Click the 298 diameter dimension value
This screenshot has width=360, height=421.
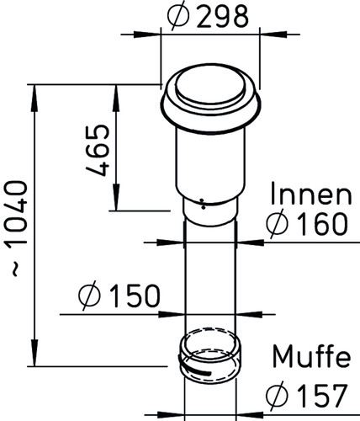pos(222,16)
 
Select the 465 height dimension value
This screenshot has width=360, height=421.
pos(98,151)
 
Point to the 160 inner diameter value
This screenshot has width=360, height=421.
pos(322,224)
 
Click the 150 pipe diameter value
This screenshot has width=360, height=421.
pos(135,296)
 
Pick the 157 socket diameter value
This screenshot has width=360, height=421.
pos(322,396)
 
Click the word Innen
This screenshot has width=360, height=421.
pos(311,195)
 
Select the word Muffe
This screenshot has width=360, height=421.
pos(311,356)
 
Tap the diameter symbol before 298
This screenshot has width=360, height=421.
pos(178,16)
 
